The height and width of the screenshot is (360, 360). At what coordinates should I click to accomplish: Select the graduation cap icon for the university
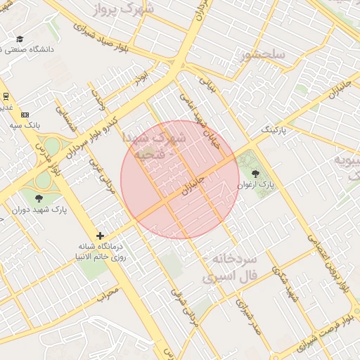(x=20, y=39)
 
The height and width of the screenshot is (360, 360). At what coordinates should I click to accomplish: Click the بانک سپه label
(x=25, y=124)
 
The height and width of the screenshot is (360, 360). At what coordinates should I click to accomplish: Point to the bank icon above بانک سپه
(x=25, y=114)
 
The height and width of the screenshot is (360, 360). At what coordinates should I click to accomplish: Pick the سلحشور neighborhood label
(x=261, y=55)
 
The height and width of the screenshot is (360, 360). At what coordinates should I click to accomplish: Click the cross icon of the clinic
(x=100, y=236)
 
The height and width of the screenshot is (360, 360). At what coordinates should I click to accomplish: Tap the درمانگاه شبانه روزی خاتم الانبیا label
(x=100, y=252)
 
